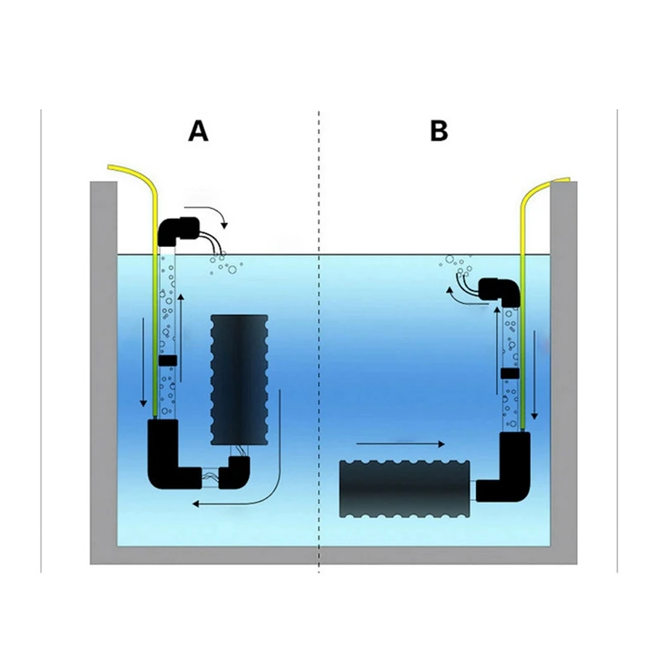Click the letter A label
(198, 131)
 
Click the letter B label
(439, 131)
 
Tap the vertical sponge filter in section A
(239, 380)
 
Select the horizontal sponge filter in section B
(405, 488)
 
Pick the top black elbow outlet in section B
(501, 291)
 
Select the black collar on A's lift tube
(168, 360)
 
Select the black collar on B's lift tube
(510, 373)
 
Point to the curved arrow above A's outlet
(211, 210)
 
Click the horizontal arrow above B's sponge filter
(401, 444)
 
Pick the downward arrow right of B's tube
(535, 375)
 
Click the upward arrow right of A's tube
(181, 337)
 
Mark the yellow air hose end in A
(110, 167)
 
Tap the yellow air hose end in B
(568, 180)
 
